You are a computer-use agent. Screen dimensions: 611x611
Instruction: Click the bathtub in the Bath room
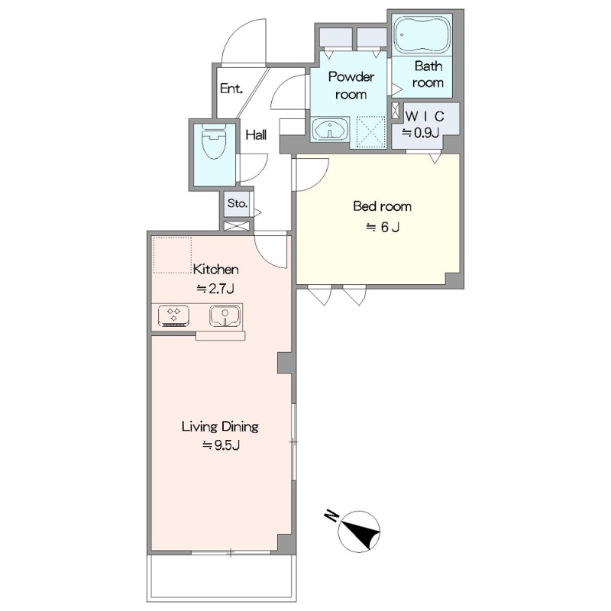422,34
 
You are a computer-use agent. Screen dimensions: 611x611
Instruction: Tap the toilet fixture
214,142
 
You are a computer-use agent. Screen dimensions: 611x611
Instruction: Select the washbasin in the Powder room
331,128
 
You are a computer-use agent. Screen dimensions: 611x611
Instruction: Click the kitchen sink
225,315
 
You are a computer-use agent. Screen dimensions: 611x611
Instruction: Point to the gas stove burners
174,315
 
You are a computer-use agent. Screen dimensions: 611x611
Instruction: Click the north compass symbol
358,532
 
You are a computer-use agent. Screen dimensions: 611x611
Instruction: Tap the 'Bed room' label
382,206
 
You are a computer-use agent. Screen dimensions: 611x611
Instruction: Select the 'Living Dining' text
220,427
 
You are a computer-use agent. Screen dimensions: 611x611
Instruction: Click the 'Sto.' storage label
238,203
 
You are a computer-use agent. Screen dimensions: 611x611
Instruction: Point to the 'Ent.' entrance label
231,89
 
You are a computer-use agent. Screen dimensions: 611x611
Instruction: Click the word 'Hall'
256,135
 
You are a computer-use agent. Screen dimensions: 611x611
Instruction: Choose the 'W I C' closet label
425,116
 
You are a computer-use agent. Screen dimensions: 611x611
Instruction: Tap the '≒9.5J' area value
221,445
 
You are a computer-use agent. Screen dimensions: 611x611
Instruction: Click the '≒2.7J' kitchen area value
215,289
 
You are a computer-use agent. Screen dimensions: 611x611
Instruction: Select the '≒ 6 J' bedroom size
383,227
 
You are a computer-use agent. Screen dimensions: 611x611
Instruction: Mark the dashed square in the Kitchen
173,255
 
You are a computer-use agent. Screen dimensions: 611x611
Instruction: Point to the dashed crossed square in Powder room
371,131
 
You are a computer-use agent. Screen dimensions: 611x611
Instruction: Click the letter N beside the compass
331,516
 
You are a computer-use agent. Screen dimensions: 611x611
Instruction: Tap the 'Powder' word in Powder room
351,77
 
